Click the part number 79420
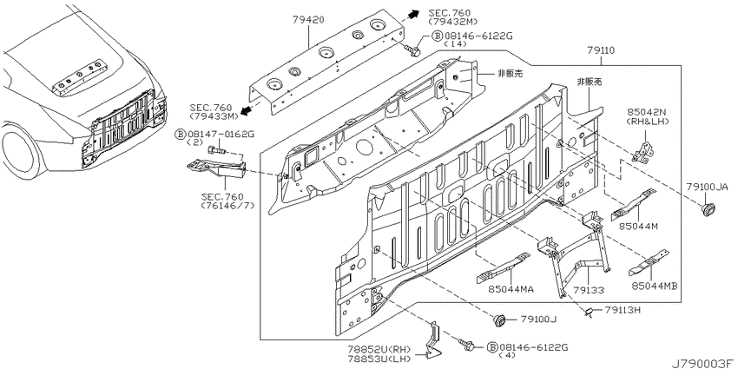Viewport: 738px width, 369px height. (308, 20)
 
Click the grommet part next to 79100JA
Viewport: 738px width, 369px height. (708, 209)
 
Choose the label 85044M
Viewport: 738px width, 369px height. (638, 227)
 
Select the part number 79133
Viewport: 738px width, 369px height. (589, 291)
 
